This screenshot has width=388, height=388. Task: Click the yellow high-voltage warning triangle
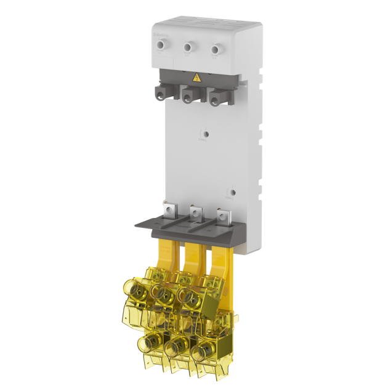click(197, 78)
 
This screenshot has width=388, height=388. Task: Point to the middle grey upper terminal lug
click(188, 95)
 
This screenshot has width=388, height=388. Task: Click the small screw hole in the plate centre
click(206, 134)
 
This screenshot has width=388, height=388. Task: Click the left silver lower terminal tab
click(168, 211)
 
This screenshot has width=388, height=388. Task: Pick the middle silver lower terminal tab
click(195, 213)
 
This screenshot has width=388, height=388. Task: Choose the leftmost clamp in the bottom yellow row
click(150, 342)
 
